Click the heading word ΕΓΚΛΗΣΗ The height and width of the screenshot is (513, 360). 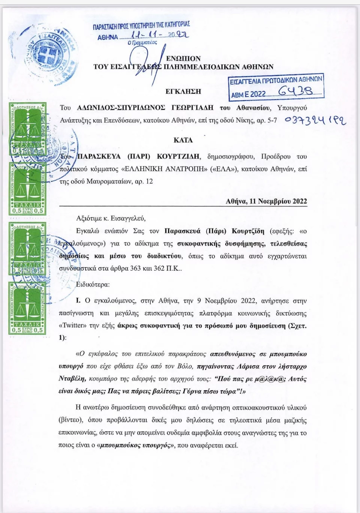(x=183, y=91)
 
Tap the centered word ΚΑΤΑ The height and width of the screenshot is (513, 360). (x=183, y=140)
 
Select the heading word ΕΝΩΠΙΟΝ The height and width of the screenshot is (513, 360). (x=183, y=58)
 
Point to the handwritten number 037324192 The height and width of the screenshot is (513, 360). (x=315, y=120)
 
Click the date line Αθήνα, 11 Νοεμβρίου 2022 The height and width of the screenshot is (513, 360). (x=266, y=201)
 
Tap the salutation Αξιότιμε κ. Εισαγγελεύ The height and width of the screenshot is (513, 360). (x=111, y=218)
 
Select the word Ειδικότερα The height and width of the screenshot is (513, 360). (x=93, y=284)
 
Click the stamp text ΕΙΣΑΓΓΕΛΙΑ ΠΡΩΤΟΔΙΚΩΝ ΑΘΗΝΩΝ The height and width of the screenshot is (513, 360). (x=276, y=80)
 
